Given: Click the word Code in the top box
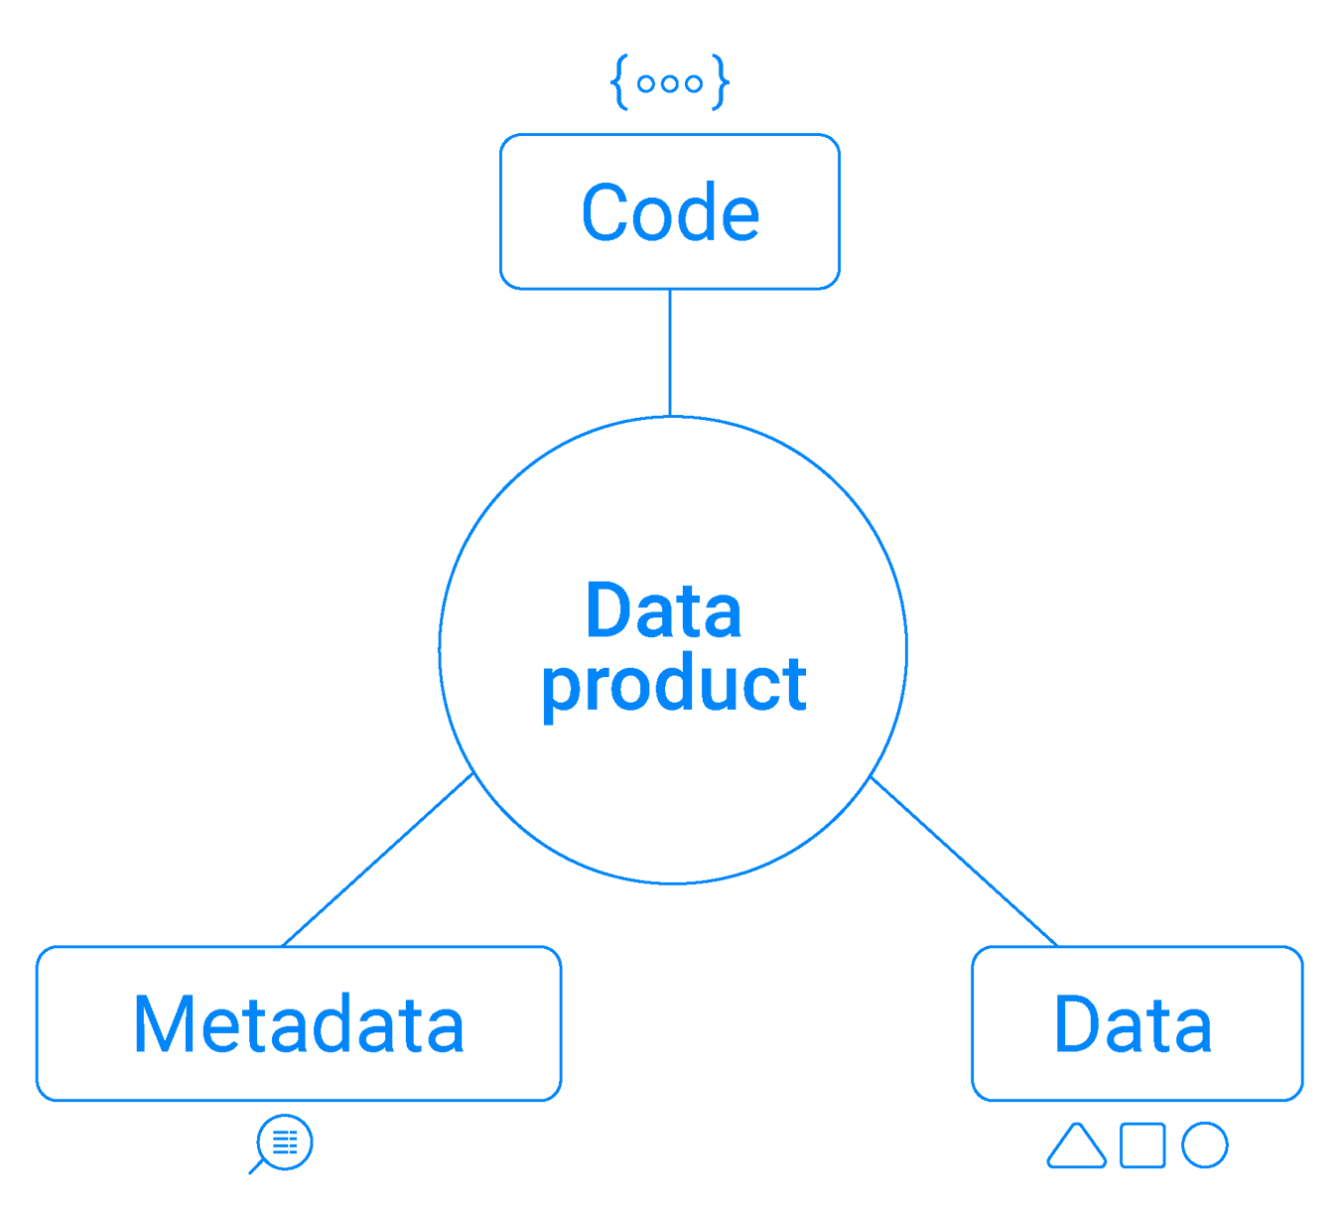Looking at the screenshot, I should click(x=670, y=212).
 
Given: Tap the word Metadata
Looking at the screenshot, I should click(x=299, y=1024).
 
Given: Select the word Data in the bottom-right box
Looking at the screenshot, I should click(x=1134, y=1024).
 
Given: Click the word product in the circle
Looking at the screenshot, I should click(x=674, y=686).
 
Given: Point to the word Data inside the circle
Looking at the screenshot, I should click(x=663, y=611).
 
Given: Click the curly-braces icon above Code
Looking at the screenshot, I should click(x=670, y=83).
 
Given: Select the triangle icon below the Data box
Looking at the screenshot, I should click(x=1076, y=1146).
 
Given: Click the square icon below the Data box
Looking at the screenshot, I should click(x=1142, y=1144).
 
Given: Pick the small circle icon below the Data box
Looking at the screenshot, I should click(x=1205, y=1144).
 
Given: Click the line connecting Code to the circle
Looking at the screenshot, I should click(x=670, y=352).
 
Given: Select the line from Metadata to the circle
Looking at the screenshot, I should click(x=377, y=860).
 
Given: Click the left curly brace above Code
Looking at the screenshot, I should click(x=619, y=83).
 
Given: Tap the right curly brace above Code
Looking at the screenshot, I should click(x=721, y=83).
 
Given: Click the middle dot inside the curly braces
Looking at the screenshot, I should click(x=670, y=84).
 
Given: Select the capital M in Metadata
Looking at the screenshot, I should click(x=159, y=1024).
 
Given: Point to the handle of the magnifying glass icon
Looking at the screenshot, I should click(x=256, y=1166).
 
